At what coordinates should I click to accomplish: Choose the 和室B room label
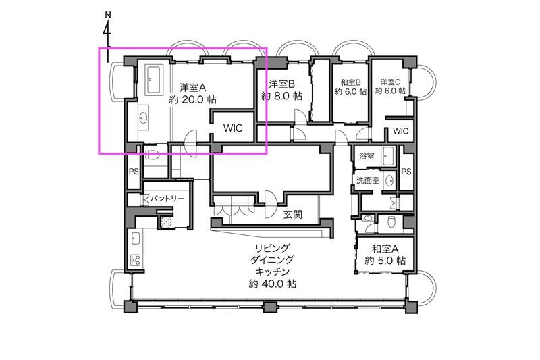(x=350, y=82)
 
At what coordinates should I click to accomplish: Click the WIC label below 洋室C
(x=401, y=131)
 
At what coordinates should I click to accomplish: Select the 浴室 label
(x=367, y=156)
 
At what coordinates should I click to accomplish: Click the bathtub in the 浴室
(x=389, y=156)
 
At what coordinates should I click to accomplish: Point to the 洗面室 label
(x=368, y=181)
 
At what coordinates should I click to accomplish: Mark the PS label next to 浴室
(x=406, y=172)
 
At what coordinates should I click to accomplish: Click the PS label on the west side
(x=134, y=172)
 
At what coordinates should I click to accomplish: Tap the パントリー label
(x=165, y=199)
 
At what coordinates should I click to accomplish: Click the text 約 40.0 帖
(x=269, y=284)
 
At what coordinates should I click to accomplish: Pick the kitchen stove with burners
(x=134, y=261)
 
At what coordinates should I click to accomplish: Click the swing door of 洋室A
(x=191, y=138)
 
